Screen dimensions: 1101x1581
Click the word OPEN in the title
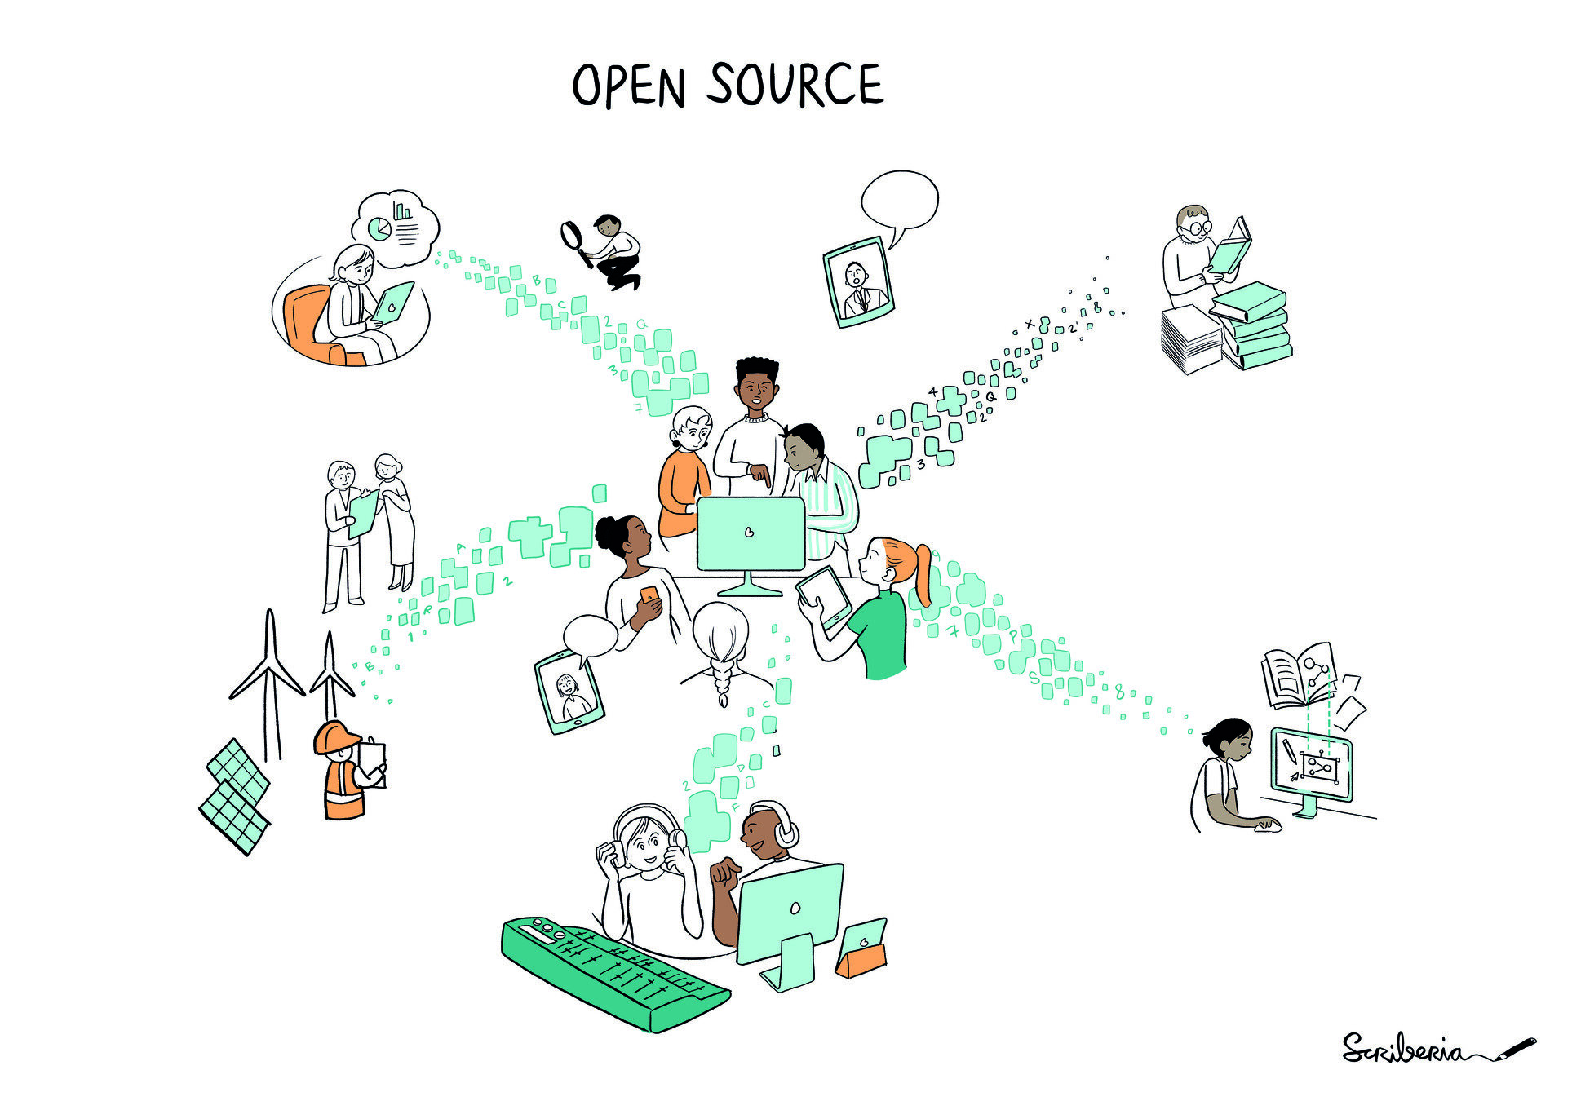(x=627, y=86)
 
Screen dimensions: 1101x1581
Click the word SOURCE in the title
(x=795, y=84)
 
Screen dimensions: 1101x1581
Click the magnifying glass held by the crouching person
(x=573, y=237)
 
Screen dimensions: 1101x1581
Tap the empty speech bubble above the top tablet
(x=899, y=201)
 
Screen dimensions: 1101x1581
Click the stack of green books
(x=1252, y=326)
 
